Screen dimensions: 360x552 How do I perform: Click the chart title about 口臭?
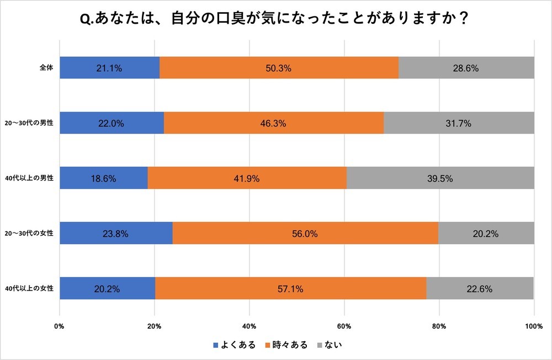(275, 19)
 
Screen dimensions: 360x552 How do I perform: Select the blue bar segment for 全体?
(109, 68)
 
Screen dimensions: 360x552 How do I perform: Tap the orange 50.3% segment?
(279, 68)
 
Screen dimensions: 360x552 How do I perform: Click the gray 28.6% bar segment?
(466, 68)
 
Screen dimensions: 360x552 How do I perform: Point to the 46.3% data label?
(273, 123)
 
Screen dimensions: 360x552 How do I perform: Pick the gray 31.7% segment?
(459, 123)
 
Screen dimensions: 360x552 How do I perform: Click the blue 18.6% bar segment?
(104, 178)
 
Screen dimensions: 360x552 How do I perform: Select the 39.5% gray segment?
(440, 178)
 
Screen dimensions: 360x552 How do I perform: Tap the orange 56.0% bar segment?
(305, 234)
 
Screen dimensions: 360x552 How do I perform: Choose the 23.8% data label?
(116, 234)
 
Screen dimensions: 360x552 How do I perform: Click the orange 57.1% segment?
(290, 288)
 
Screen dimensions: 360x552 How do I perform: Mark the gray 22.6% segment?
(480, 288)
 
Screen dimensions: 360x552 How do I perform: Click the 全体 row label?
(46, 68)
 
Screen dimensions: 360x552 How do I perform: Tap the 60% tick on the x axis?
(344, 326)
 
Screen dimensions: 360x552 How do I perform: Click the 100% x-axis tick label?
(533, 326)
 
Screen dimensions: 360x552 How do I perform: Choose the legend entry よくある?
(234, 345)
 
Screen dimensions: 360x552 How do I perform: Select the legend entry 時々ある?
(286, 345)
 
